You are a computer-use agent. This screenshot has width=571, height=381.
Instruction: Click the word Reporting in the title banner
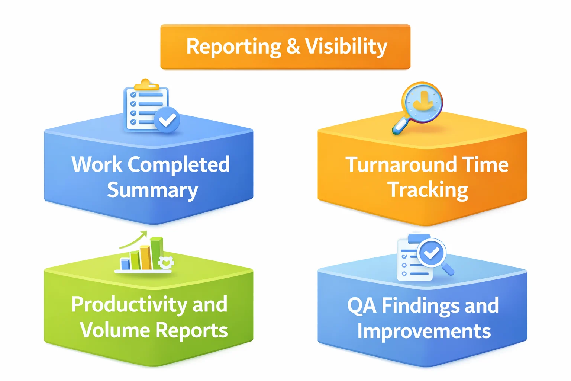pyautogui.click(x=233, y=47)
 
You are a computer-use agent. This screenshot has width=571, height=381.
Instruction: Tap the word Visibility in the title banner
pyautogui.click(x=346, y=47)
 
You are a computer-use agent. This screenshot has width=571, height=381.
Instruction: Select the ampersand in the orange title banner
pyautogui.click(x=293, y=47)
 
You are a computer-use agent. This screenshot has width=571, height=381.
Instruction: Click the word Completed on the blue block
pyautogui.click(x=179, y=165)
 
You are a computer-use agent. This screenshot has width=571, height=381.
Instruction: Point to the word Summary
pyautogui.click(x=152, y=190)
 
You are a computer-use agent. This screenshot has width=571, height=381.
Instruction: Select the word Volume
pyautogui.click(x=114, y=330)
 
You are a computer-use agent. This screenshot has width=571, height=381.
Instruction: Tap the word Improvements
pyautogui.click(x=424, y=331)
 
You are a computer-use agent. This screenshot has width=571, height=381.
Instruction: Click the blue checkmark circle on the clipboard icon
pyautogui.click(x=167, y=120)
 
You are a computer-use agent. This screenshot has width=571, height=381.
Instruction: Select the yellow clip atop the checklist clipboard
pyautogui.click(x=146, y=86)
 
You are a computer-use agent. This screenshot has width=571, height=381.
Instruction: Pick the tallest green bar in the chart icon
pyautogui.click(x=157, y=253)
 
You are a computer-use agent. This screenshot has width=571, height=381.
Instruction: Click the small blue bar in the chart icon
pyautogui.click(x=125, y=264)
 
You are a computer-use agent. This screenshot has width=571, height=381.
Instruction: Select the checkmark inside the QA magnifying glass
pyautogui.click(x=431, y=253)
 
